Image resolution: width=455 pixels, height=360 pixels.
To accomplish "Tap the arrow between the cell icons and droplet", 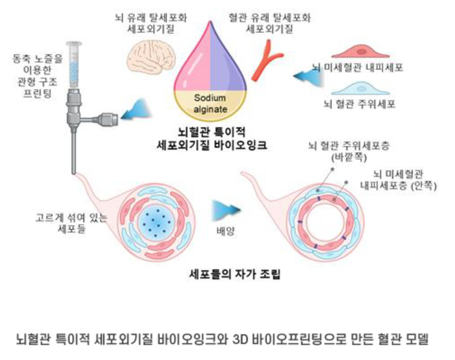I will click(x=305, y=77).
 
